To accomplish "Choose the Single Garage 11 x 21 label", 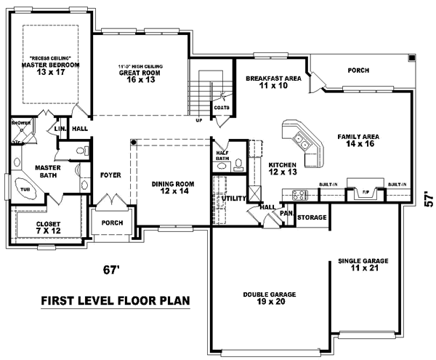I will (363, 264).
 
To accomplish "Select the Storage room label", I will (312, 217).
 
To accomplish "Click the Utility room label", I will (233, 197).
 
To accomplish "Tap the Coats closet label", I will (222, 108).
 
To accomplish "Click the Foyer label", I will (110, 175).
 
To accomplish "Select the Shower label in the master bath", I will (20, 124).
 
